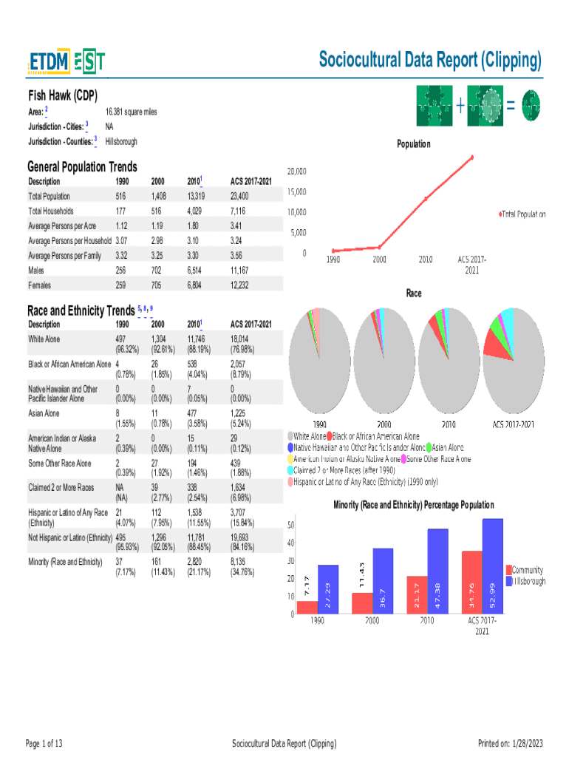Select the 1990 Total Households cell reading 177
coord(121,211)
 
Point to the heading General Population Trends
coord(82,167)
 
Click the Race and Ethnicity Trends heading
coord(81,310)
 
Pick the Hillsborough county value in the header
coord(121,141)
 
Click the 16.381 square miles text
coord(131,112)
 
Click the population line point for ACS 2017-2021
coord(471,157)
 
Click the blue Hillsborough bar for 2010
coord(437,571)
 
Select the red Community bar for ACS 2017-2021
coord(471,582)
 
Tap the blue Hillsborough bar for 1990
coord(328,589)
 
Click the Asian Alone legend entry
coord(446,447)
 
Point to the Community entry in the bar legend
coord(527,570)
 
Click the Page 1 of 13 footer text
coord(44,743)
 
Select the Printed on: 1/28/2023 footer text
coord(511,743)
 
